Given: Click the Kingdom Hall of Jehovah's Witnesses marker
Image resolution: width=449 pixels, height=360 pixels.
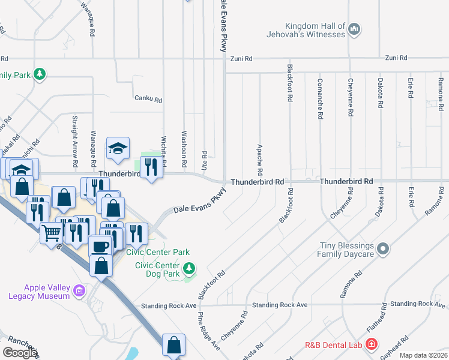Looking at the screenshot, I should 354,29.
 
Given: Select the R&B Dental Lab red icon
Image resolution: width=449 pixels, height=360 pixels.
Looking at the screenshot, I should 372,344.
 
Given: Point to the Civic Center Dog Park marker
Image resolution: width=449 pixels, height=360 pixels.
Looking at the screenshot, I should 190,268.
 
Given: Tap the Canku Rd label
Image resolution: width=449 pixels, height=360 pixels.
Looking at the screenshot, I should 148,99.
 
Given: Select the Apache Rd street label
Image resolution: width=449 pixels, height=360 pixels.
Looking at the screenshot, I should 260,157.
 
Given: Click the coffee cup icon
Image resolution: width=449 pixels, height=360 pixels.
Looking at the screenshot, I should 100,245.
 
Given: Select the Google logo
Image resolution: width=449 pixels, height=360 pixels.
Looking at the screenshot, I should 20,353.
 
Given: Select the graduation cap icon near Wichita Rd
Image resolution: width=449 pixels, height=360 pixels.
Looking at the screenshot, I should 118,148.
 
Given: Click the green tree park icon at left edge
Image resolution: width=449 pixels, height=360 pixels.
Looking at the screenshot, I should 40,74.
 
